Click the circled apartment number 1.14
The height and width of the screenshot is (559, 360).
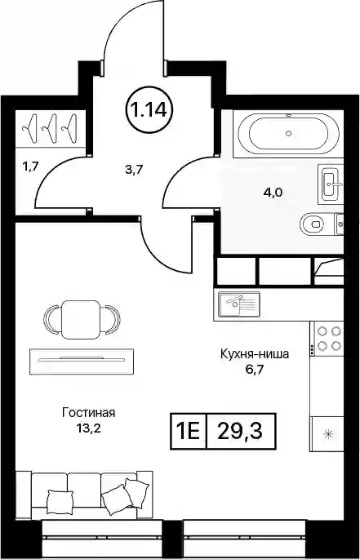click(149, 109)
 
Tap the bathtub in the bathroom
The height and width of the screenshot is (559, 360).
click(289, 134)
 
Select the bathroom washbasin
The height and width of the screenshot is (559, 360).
click(331, 184)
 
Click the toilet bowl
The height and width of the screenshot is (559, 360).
click(313, 224)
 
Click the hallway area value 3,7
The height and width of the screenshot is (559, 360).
click(134, 170)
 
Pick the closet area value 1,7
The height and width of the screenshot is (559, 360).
click(30, 166)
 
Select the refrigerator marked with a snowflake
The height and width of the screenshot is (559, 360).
click(327, 434)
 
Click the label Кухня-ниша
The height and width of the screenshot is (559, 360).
click(255, 354)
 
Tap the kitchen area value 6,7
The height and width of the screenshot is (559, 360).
click(254, 370)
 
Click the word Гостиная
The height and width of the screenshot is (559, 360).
click(89, 413)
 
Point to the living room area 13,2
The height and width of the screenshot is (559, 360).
click(88, 428)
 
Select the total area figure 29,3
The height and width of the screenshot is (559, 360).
click(240, 431)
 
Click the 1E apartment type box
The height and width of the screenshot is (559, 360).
click(189, 431)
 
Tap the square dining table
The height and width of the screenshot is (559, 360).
click(80, 319)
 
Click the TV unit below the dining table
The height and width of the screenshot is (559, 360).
click(82, 362)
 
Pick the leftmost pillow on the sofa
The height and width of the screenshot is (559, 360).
click(60, 501)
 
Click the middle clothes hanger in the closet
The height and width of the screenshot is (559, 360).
click(51, 127)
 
